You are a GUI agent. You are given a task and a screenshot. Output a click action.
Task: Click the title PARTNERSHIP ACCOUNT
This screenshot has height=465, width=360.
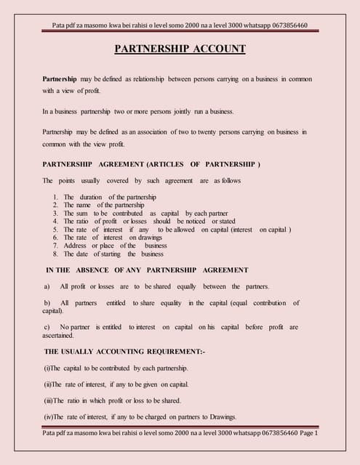(180, 49)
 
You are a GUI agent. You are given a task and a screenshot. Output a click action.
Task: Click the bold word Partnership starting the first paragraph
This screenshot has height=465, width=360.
(60, 78)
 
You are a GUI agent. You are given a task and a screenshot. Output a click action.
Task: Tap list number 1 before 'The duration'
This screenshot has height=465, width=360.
(56, 198)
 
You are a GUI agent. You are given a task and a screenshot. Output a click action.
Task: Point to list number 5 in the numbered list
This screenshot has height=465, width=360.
(56, 230)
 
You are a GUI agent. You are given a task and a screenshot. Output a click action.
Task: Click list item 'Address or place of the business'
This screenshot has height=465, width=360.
(115, 246)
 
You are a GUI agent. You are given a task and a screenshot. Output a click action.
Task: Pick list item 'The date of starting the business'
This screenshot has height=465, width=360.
(113, 254)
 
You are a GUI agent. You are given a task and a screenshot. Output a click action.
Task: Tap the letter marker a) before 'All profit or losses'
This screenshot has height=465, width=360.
(47, 286)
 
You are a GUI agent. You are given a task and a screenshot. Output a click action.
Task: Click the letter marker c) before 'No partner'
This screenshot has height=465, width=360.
(47, 327)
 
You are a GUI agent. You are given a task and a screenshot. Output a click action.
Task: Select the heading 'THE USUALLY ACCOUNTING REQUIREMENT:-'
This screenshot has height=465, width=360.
(124, 352)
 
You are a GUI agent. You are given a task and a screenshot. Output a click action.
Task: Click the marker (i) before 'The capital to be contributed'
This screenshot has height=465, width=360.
(47, 368)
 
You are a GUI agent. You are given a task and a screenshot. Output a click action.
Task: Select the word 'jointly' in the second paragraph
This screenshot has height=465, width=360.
(164, 112)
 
